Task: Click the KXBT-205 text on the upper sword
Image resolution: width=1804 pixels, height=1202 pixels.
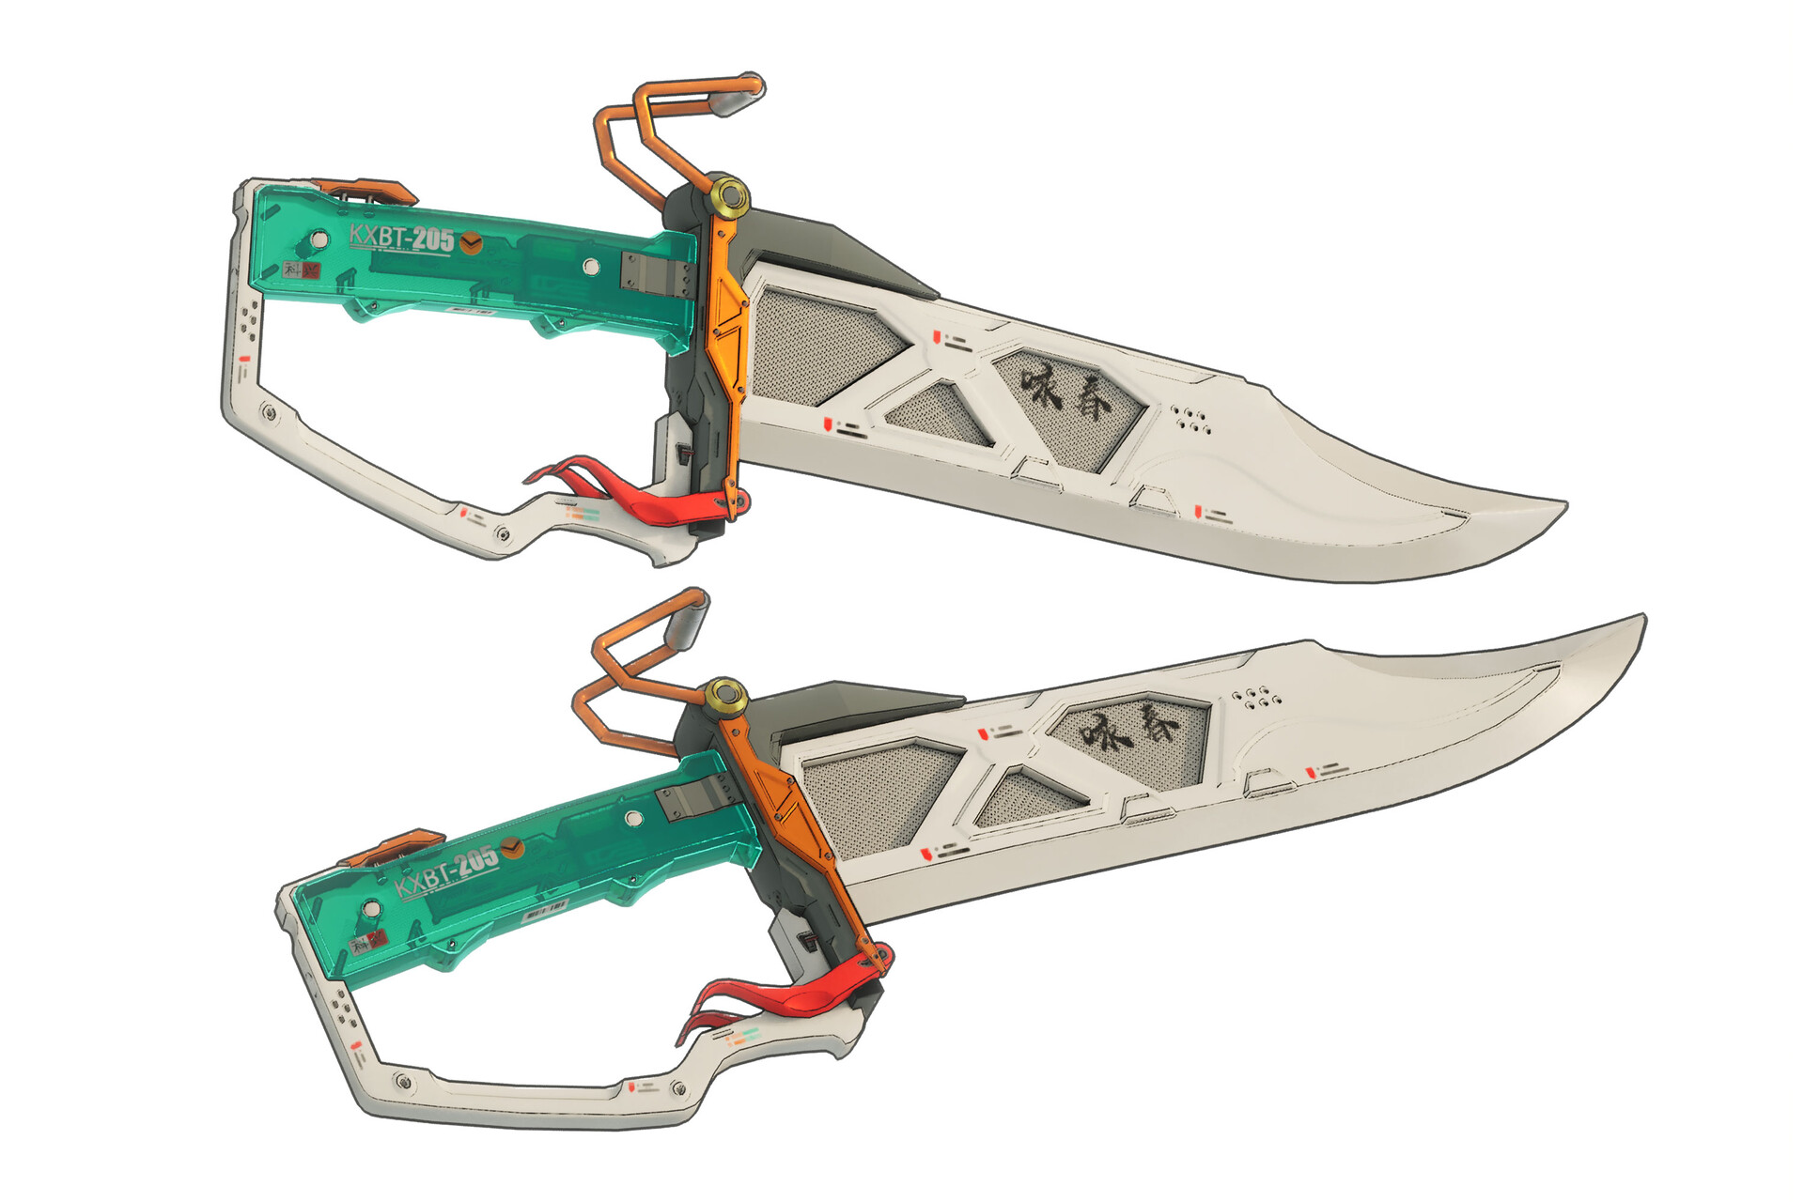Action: (x=401, y=238)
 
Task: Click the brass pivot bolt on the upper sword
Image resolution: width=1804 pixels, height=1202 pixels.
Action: (x=730, y=197)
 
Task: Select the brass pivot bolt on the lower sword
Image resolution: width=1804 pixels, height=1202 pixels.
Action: (x=725, y=697)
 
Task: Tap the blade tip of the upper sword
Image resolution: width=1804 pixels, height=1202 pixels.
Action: (x=1563, y=506)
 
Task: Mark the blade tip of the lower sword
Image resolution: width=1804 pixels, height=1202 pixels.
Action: (x=1643, y=618)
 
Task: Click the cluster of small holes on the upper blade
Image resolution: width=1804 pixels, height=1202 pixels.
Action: (x=1190, y=419)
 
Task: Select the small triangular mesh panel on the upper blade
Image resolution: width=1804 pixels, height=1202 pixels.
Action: (x=941, y=413)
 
